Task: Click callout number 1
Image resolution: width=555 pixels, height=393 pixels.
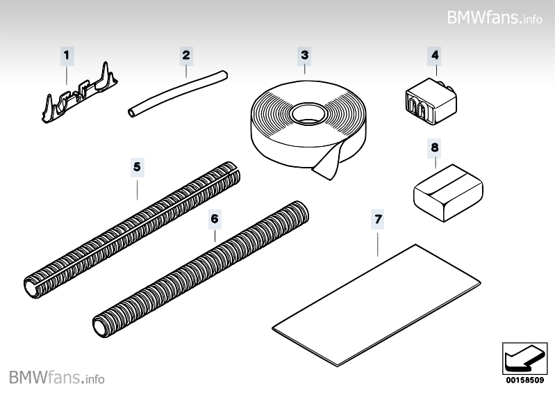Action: point(67,56)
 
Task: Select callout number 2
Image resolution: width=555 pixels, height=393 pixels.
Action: point(186,55)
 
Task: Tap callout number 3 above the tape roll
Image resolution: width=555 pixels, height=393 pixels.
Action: point(304,55)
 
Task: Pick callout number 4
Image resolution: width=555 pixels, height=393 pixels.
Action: point(435,55)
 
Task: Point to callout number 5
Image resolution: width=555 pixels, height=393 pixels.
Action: point(137,167)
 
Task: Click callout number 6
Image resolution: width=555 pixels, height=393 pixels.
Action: point(215,219)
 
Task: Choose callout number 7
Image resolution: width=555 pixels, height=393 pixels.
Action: point(378,219)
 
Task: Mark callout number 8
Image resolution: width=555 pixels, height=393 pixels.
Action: point(435,147)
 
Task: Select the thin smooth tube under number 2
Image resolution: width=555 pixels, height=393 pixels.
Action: point(178,93)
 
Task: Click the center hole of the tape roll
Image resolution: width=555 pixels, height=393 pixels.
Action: point(309,113)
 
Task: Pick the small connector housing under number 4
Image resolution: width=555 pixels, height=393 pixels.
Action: point(431,102)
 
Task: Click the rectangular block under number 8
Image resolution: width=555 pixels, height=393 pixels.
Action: point(448,193)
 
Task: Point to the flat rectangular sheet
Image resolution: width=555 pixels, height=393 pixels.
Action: point(376,305)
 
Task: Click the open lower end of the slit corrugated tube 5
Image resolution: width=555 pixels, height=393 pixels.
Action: point(31,288)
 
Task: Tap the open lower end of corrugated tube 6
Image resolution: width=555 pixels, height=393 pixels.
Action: point(99,327)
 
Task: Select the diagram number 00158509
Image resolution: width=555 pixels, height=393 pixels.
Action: point(524,380)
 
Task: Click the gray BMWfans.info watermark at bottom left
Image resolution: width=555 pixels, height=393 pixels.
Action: point(57,378)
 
